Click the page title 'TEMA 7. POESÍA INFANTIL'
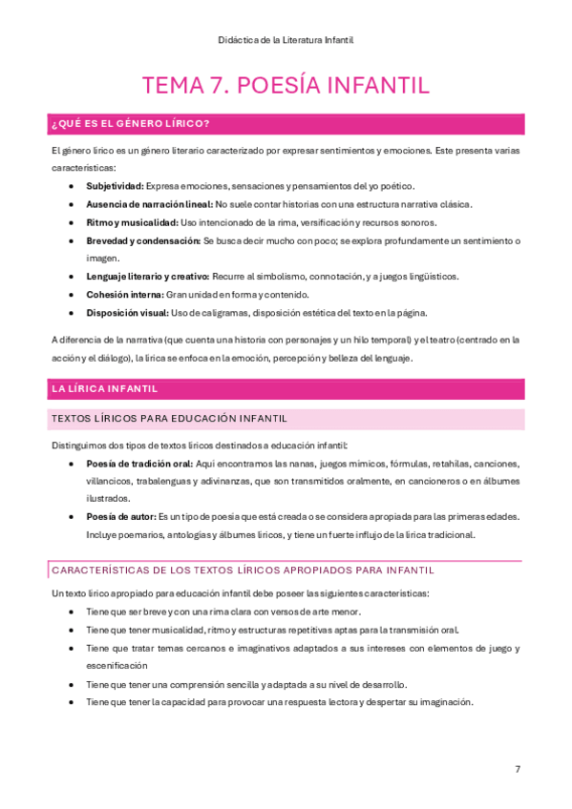pos(286,85)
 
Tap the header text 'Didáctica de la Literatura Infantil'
pos(286,39)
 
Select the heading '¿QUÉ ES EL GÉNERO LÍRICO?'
pos(131,124)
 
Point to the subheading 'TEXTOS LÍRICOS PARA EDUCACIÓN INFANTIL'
pos(168,418)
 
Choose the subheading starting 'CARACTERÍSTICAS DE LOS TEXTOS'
pos(243,570)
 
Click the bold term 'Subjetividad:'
pos(115,186)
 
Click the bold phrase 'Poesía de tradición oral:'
pos(139,464)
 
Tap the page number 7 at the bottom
pos(518,769)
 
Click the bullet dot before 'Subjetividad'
pos(73,186)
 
